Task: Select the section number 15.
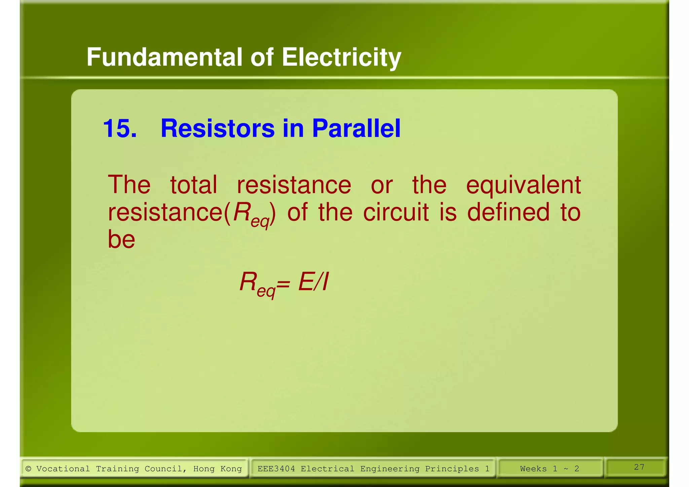click(x=119, y=129)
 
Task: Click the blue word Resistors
click(x=217, y=129)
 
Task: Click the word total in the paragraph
click(x=193, y=185)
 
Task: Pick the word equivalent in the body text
click(x=523, y=185)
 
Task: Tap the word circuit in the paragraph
click(x=396, y=212)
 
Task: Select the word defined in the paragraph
click(x=508, y=212)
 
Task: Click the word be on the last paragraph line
click(x=121, y=239)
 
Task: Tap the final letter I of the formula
click(x=325, y=282)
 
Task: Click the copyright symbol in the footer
click(x=28, y=469)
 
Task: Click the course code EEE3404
click(x=276, y=469)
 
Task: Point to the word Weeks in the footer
click(x=533, y=469)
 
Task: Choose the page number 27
click(x=639, y=467)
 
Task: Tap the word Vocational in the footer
click(x=63, y=469)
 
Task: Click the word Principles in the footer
click(x=452, y=469)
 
